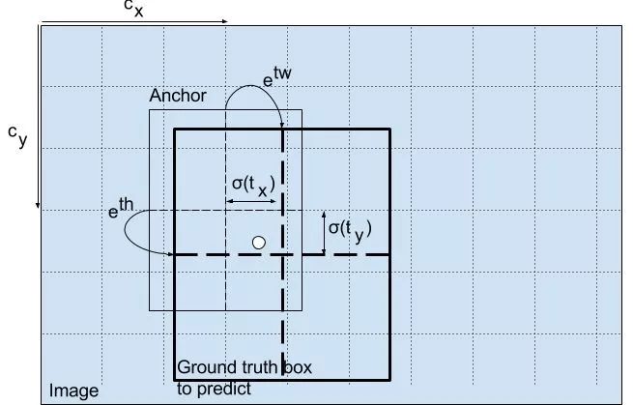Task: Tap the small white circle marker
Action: click(x=258, y=243)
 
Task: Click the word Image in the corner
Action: click(x=74, y=391)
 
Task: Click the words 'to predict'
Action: click(x=214, y=389)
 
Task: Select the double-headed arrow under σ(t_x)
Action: click(x=253, y=202)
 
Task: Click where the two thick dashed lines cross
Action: click(x=282, y=254)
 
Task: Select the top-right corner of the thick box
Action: click(x=388, y=129)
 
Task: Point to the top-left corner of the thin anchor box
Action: click(x=149, y=110)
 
